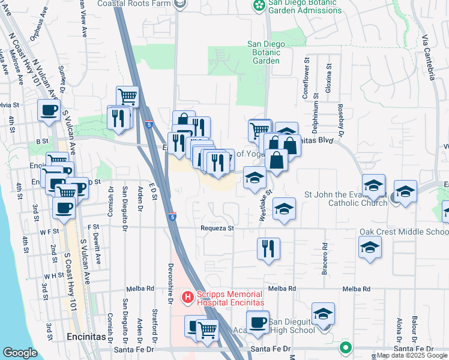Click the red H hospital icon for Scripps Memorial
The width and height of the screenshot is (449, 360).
(x=187, y=296)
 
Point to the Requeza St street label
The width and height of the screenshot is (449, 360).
(x=217, y=229)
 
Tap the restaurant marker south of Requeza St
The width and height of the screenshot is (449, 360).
(x=268, y=248)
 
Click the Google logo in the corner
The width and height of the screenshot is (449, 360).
(x=20, y=353)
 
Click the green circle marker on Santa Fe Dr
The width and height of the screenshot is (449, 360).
(x=345, y=347)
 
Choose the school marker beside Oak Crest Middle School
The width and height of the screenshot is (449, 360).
(x=370, y=247)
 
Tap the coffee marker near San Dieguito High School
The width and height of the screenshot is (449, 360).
(x=258, y=322)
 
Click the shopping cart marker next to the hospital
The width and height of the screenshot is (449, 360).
(x=207, y=329)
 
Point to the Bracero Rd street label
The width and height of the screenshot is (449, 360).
(x=325, y=254)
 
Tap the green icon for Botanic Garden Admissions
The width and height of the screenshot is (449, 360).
(x=259, y=6)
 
